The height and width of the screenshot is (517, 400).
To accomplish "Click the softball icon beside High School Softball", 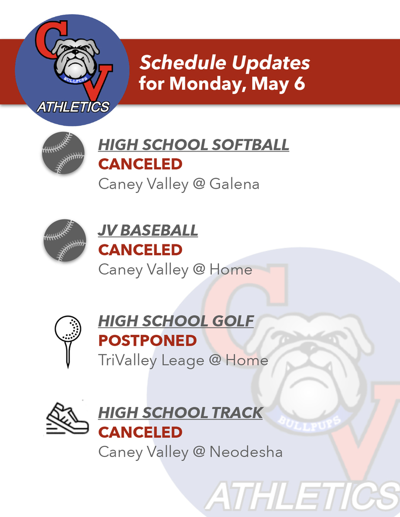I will pos(63,153).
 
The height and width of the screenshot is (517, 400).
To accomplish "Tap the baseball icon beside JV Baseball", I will pos(64,240).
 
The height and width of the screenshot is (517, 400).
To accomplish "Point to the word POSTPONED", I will pos(147,341).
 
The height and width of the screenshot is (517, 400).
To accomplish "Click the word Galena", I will pos(234,184).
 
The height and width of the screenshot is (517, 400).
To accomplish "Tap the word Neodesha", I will pos(246,452).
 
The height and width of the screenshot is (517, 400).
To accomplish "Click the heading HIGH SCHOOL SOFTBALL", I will pos(193,145).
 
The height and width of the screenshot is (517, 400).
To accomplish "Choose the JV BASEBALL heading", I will pos(148,231).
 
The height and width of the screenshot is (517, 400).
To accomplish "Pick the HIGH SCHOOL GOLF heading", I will pos(175,321).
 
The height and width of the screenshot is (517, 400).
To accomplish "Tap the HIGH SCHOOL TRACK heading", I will pos(180,412).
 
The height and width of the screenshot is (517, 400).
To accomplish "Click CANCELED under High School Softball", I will pos(140,164).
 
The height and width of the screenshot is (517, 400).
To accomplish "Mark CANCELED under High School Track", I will pos(140,432).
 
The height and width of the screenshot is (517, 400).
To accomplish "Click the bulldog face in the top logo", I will pos(75,59).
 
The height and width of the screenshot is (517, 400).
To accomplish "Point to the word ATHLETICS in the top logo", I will pos(73,107).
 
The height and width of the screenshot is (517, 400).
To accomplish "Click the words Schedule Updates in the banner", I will pos(225,63).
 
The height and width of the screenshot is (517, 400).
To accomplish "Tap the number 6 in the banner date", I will pos(299,84).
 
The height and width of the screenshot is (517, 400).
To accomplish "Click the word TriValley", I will pos(127,360).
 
